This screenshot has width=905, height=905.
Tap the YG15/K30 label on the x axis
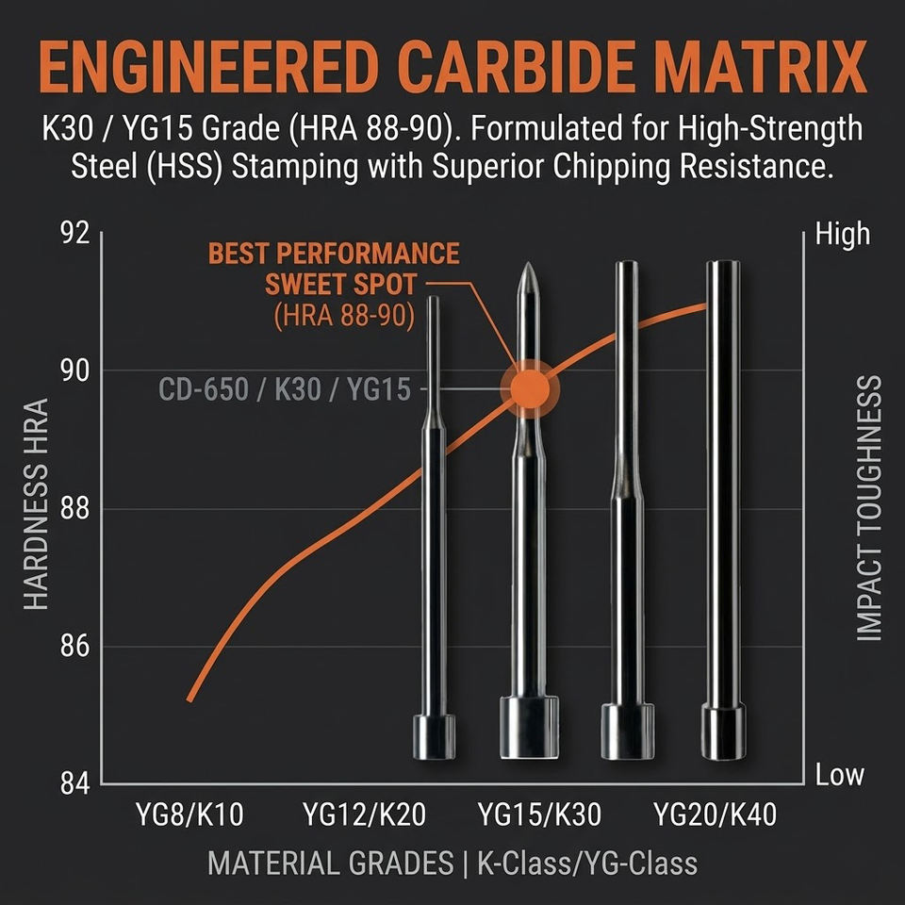click(x=539, y=814)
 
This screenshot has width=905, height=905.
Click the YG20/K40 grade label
click(x=716, y=814)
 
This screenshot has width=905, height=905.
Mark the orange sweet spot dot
click(x=529, y=387)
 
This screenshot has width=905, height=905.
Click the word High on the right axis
click(x=841, y=234)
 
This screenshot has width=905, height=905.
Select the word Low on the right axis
click(x=839, y=776)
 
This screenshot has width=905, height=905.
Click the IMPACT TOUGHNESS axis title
click(x=870, y=509)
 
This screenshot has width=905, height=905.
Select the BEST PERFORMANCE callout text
click(x=334, y=254)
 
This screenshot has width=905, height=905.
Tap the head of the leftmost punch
click(x=433, y=736)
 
